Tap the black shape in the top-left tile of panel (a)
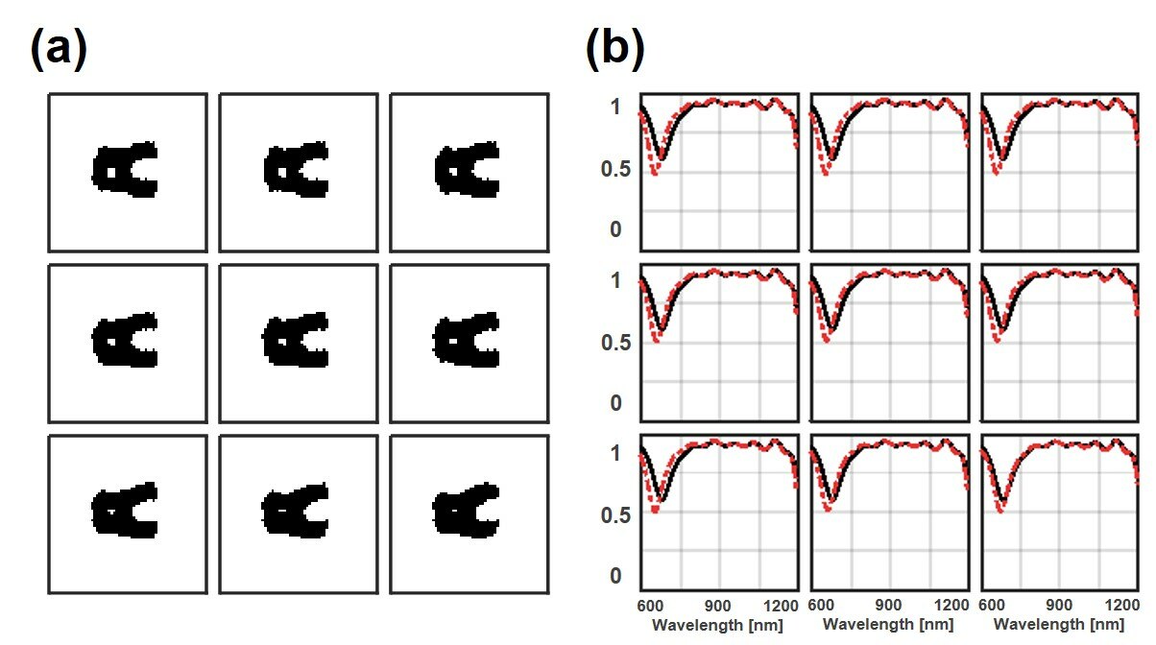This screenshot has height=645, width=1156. point(122,170)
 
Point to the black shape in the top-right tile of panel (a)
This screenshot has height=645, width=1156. point(466,170)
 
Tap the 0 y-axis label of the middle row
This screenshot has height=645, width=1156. point(615,403)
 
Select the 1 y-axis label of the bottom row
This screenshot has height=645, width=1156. point(615,453)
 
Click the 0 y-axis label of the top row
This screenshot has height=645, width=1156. point(615,229)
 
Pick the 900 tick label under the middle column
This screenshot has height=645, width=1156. point(889,606)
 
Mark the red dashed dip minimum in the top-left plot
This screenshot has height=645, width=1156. point(655,173)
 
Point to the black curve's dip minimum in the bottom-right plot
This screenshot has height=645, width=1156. point(1002,500)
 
